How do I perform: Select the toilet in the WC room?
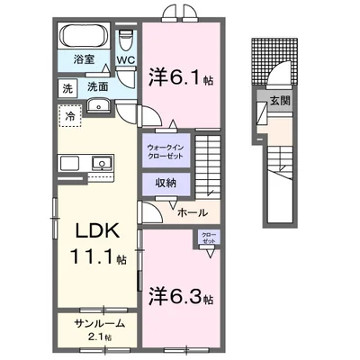click(x=125, y=40)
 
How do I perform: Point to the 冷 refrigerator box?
click(x=69, y=114)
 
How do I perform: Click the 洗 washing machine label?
click(x=68, y=88)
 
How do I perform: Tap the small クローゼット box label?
click(x=208, y=238)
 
